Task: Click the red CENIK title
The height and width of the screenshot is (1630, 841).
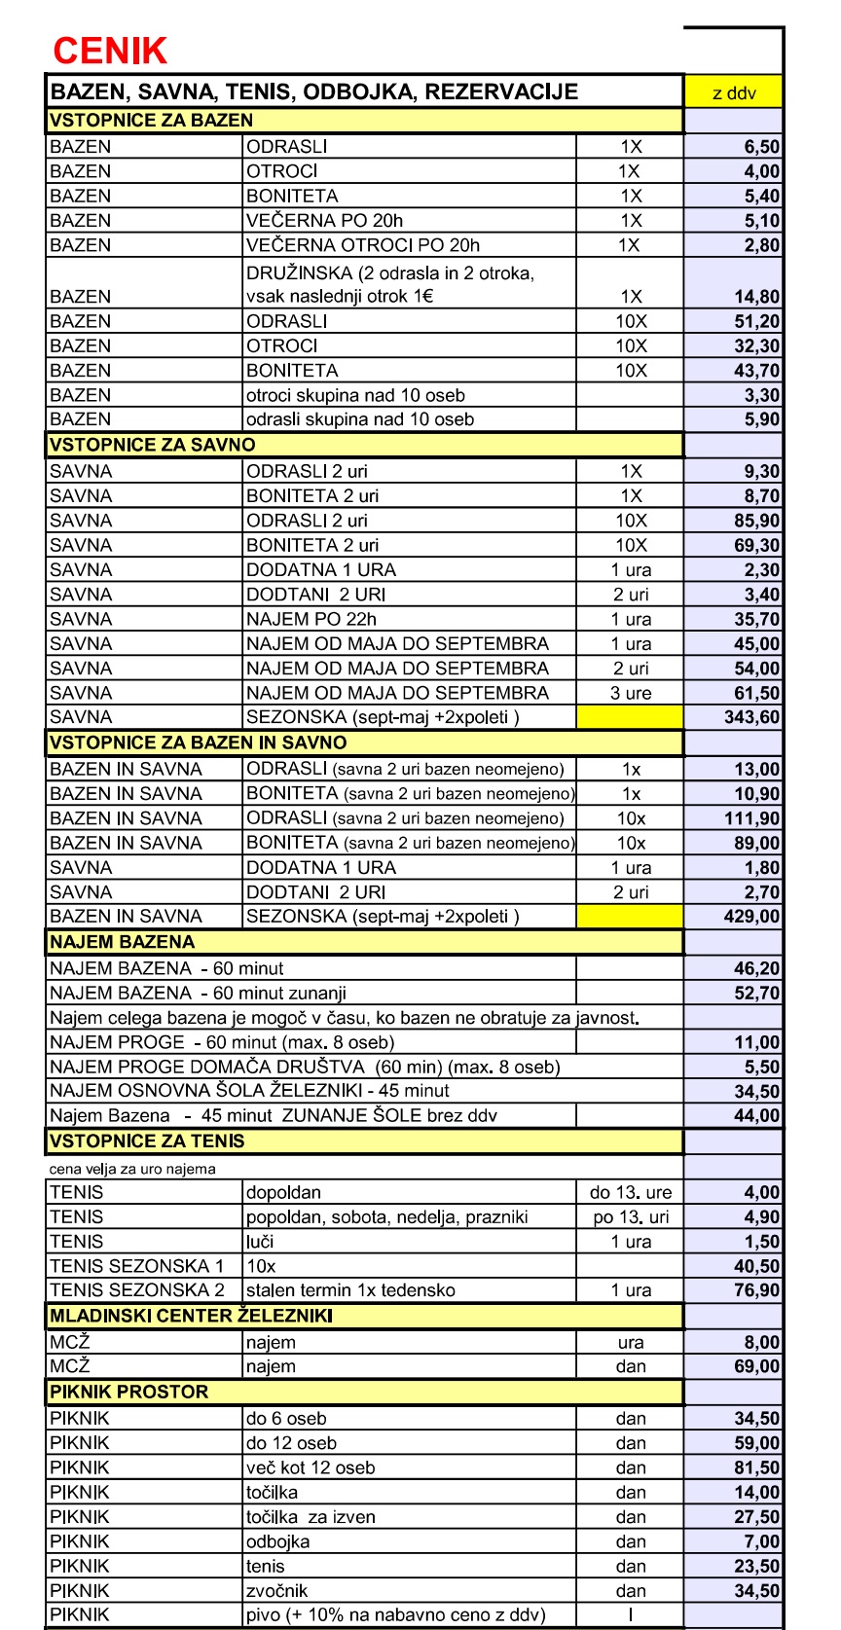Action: [110, 51]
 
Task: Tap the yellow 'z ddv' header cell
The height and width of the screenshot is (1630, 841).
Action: [733, 93]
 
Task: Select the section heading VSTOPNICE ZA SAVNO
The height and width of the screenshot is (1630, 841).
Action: [153, 445]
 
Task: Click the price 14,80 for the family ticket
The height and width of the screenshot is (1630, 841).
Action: [756, 297]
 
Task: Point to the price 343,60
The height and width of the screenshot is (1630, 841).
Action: [751, 717]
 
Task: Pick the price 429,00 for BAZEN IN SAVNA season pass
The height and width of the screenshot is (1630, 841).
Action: [751, 917]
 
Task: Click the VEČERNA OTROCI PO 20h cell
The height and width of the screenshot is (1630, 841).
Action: [363, 245]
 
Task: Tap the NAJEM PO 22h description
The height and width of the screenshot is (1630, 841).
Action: [311, 619]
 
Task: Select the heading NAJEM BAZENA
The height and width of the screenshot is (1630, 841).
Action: [123, 942]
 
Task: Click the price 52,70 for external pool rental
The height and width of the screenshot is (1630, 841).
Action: [756, 994]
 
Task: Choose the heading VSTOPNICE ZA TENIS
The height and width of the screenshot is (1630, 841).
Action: [147, 1141]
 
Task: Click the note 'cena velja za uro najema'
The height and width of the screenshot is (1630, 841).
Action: [133, 1169]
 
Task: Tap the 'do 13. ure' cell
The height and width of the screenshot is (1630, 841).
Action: [631, 1193]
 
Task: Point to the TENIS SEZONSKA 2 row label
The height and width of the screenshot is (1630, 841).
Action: [137, 1290]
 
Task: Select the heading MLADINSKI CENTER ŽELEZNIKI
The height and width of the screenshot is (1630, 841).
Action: [192, 1316]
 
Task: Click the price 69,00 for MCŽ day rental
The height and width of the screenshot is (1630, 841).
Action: [756, 1366]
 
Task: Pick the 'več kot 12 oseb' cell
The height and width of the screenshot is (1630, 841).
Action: [311, 1467]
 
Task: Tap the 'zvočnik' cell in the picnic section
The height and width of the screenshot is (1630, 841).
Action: [277, 1590]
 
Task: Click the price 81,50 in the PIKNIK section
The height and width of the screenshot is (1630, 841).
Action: [756, 1467]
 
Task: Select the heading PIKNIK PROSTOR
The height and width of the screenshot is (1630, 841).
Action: [129, 1392]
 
